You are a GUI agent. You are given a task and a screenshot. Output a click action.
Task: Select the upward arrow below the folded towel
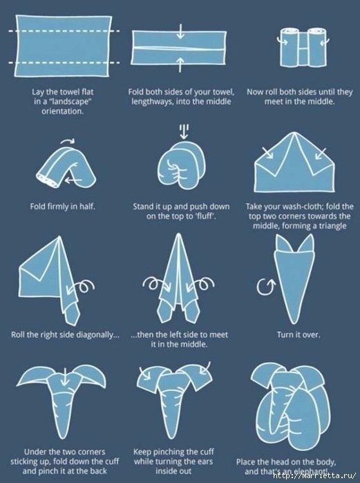pyautogui.click(x=181, y=64)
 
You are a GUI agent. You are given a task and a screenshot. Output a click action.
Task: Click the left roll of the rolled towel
pyautogui.click(x=290, y=47)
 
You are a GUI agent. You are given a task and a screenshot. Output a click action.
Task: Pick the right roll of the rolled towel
pyautogui.click(x=316, y=47)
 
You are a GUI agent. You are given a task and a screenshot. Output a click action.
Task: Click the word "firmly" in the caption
pyautogui.click(x=58, y=206)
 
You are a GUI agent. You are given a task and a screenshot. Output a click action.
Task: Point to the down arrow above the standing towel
pyautogui.click(x=184, y=131)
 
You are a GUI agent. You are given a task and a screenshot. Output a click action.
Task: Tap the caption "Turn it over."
pyautogui.click(x=298, y=334)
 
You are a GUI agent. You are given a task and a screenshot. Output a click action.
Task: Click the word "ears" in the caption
pyautogui.click(x=205, y=462)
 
